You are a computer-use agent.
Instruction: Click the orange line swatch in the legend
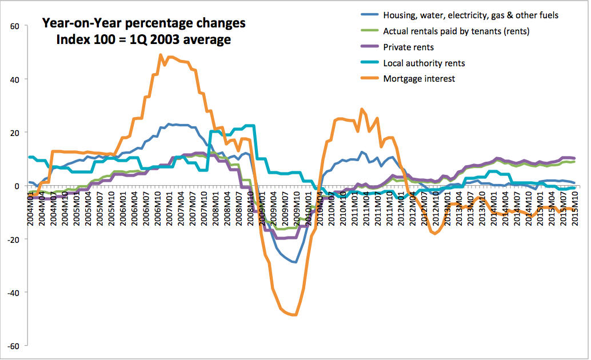coord(370,79)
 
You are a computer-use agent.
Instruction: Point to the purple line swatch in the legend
coord(370,47)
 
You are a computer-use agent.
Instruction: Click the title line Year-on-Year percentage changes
coord(143,24)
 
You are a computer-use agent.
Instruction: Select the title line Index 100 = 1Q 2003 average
coord(143,39)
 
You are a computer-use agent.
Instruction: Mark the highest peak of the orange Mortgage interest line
coord(161,55)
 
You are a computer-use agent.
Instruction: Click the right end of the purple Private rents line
coord(574,158)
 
